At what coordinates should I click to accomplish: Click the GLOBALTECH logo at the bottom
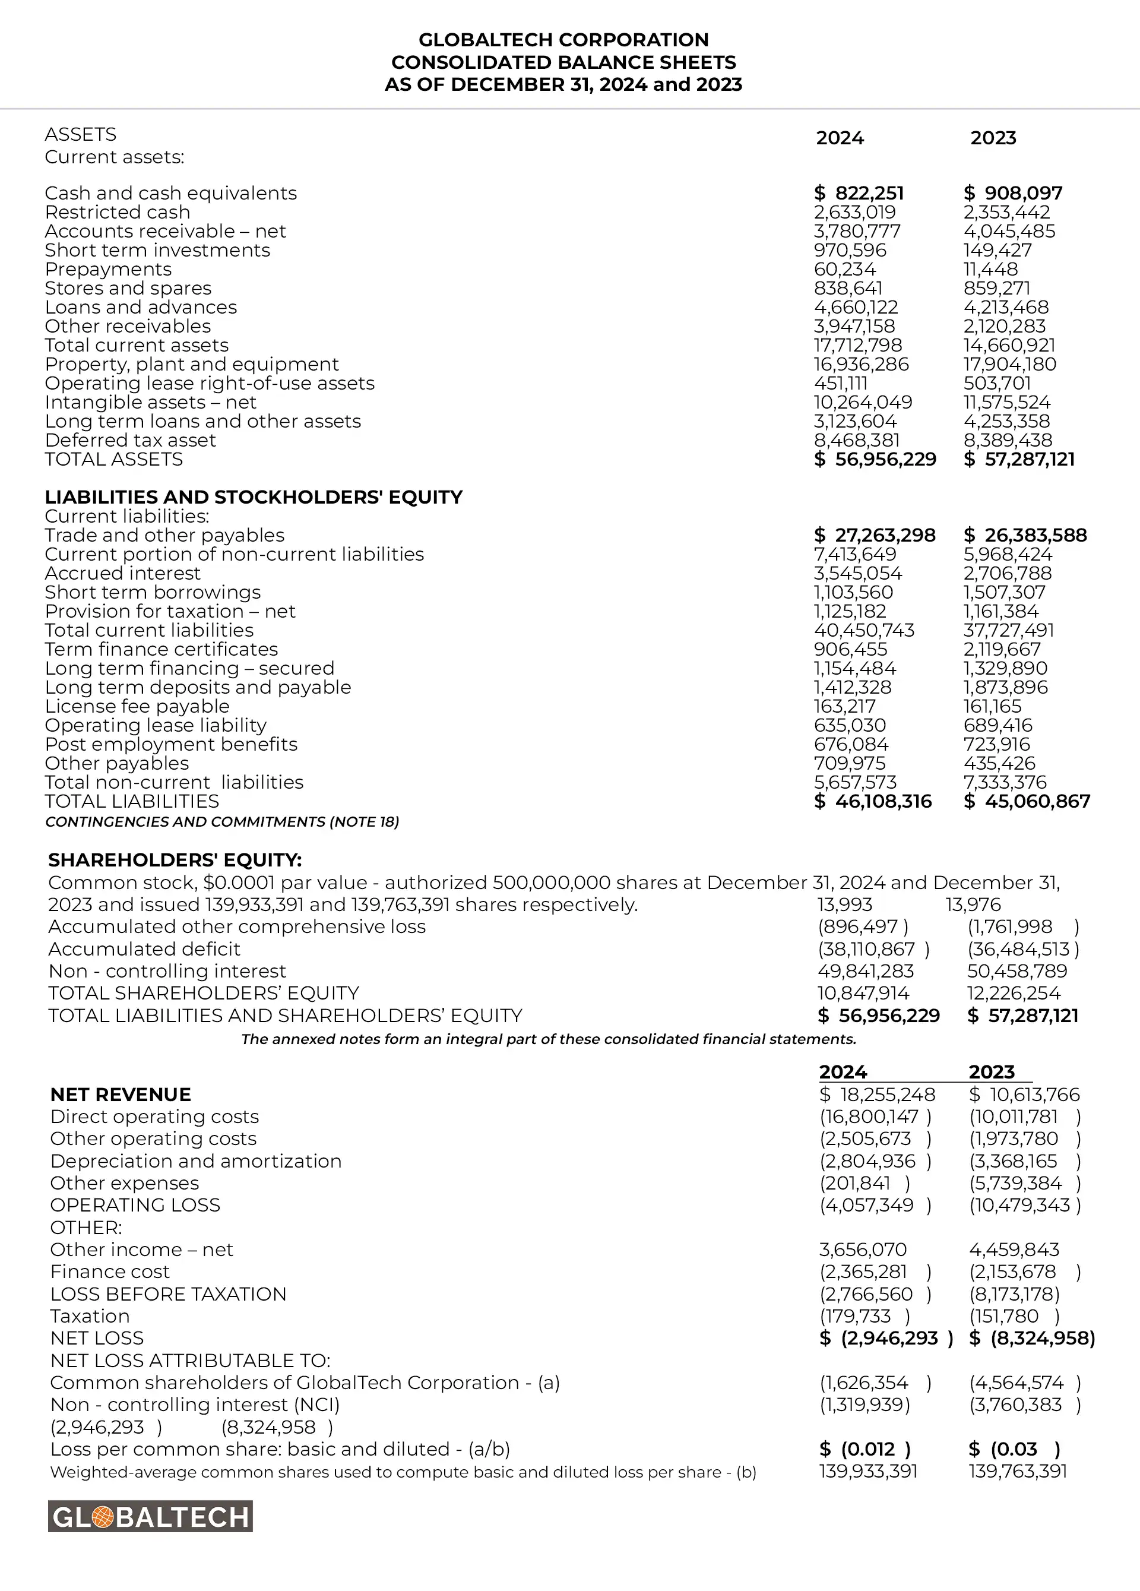(x=150, y=1517)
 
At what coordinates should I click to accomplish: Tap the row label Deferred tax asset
(x=131, y=440)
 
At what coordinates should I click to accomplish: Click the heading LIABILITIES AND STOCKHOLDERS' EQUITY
(x=254, y=496)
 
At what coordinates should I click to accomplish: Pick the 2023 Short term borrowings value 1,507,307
(x=1004, y=592)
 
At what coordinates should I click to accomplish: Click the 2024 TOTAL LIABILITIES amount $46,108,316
(x=873, y=801)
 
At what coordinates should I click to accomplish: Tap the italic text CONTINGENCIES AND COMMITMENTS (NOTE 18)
(x=221, y=821)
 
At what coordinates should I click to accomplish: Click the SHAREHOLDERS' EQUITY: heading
(x=175, y=860)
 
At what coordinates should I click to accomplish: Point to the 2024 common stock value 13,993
(x=845, y=904)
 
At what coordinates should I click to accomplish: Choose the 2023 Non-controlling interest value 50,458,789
(x=1016, y=971)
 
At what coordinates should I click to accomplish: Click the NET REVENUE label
(x=121, y=1095)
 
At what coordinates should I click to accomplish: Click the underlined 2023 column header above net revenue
(x=992, y=1072)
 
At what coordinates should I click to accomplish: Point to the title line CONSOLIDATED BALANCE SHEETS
(x=563, y=62)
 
